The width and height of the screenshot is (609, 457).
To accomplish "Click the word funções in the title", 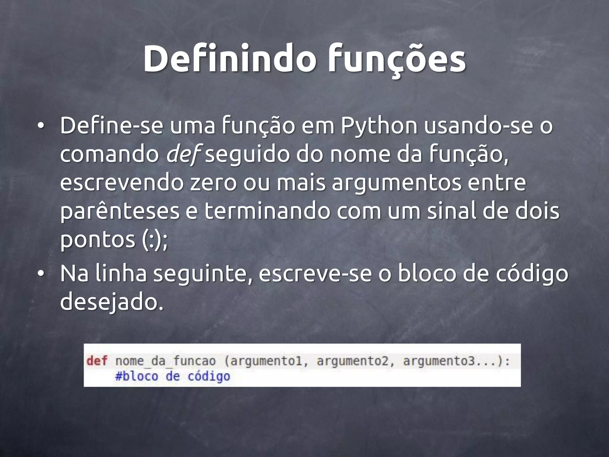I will point(397,60).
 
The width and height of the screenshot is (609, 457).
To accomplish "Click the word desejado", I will point(112,301).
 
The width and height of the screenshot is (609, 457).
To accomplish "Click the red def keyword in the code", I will point(97,361).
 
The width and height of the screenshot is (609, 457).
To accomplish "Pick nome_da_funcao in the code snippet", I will point(165,361).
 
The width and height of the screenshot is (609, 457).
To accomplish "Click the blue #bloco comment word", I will point(136,376).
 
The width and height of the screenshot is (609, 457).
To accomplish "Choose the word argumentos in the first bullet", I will point(397,183).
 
